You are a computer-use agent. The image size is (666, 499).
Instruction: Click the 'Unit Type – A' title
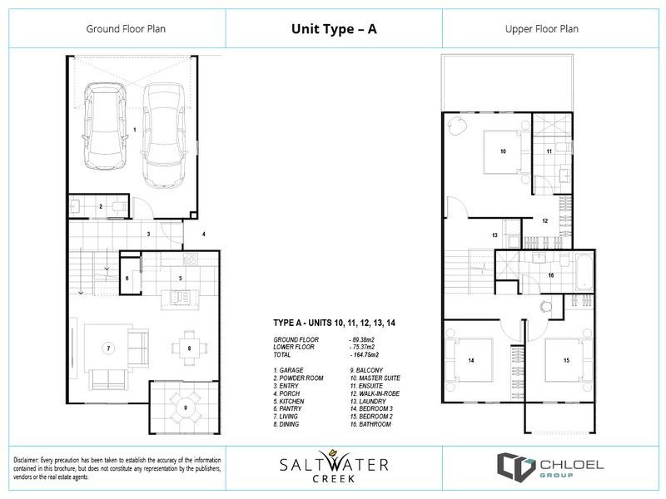click(332, 28)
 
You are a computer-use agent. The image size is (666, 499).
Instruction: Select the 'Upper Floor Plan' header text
click(541, 28)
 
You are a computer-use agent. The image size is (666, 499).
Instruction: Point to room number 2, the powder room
click(101, 205)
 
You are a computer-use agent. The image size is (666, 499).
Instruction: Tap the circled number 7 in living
click(107, 346)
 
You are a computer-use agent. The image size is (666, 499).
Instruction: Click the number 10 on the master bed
click(503, 151)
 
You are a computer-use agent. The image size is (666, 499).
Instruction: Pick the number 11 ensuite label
click(549, 151)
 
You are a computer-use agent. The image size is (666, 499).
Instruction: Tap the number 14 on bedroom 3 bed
click(470, 360)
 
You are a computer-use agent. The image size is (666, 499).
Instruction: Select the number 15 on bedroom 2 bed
click(566, 360)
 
